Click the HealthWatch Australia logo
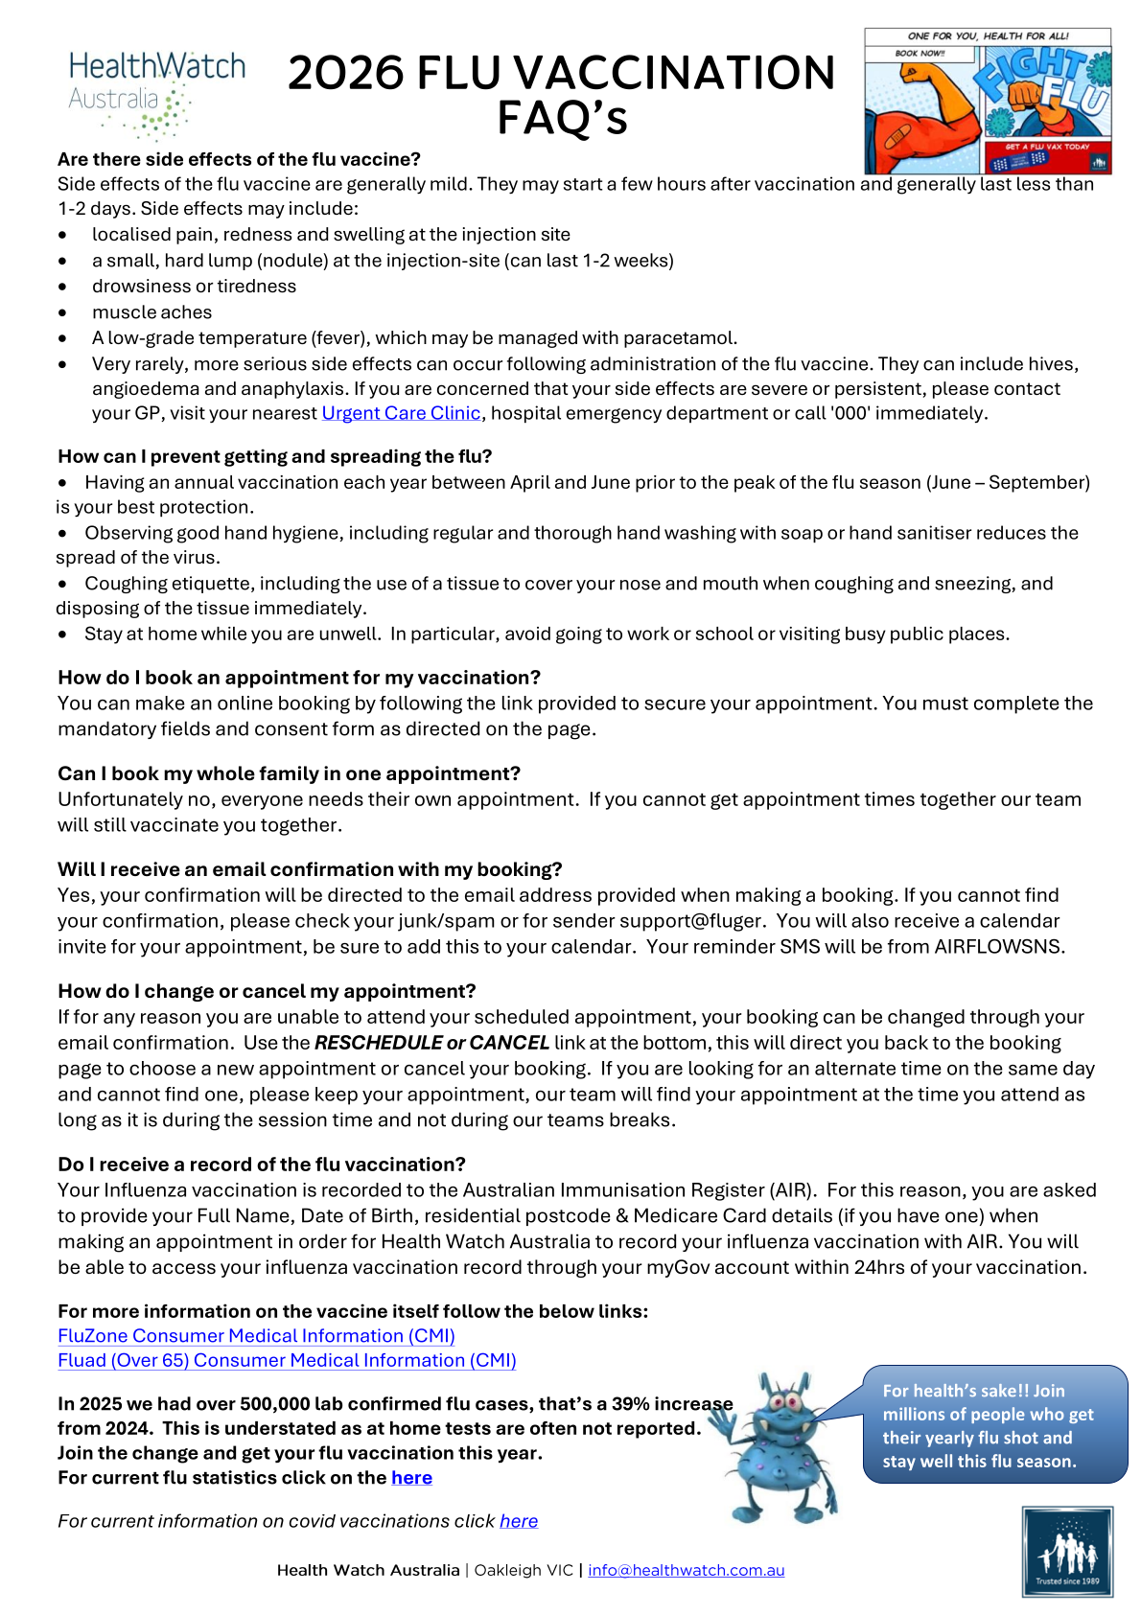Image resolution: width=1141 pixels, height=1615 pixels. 153,94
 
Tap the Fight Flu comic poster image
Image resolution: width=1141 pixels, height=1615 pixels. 988,101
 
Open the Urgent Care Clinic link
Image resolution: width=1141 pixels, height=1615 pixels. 401,413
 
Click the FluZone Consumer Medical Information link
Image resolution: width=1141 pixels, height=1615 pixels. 256,1335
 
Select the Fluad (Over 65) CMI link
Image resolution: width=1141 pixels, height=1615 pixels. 287,1360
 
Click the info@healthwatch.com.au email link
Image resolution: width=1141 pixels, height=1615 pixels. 686,1570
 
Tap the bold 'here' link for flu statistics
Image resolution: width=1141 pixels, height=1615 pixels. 411,1478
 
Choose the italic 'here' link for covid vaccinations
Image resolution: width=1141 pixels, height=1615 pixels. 519,1521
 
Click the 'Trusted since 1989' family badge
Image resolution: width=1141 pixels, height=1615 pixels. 1066,1552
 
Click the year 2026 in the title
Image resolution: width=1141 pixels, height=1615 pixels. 346,74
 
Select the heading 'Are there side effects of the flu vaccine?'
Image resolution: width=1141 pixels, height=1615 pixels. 239,159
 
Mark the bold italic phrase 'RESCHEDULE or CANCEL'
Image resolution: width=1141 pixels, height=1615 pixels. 431,1043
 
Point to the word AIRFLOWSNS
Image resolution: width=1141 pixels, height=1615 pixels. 999,947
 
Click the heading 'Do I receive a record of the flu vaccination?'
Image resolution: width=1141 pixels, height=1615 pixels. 262,1165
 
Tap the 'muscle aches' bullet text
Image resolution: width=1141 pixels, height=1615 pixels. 151,312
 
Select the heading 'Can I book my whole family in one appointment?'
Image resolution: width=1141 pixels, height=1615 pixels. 289,773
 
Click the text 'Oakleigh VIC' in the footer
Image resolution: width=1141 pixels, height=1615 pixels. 524,1570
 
